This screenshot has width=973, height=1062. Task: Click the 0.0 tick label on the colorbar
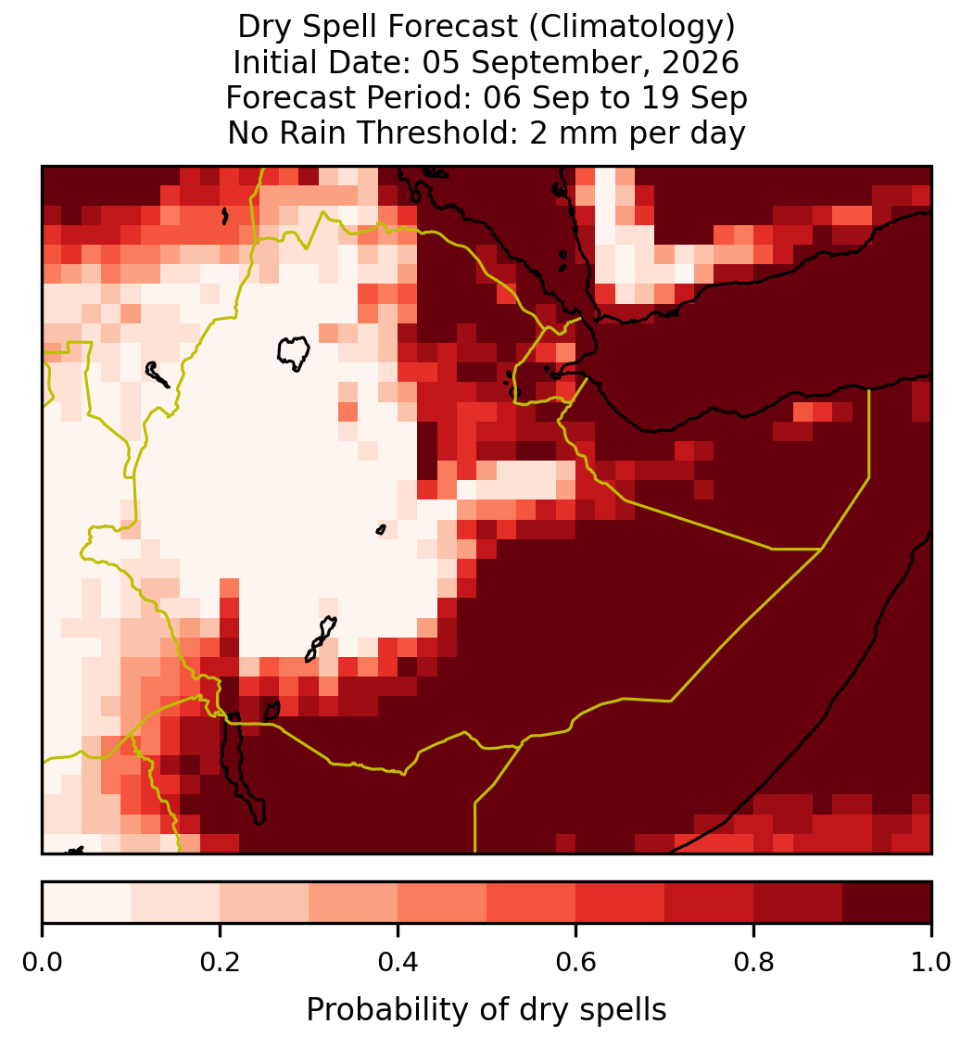(x=42, y=962)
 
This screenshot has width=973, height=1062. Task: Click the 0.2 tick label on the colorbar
(x=220, y=962)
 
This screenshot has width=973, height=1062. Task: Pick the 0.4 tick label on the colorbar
(x=398, y=962)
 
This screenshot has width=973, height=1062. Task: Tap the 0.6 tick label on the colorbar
(x=576, y=962)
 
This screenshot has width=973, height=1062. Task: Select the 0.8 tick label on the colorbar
(x=753, y=962)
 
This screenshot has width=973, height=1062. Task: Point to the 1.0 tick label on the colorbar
(x=931, y=962)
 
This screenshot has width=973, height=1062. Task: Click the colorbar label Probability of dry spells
(x=486, y=1010)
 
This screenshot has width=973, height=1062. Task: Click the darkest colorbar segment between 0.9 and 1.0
(x=887, y=903)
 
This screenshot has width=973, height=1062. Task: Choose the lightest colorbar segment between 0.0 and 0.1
(x=87, y=903)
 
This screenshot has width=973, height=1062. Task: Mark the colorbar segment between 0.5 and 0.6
(x=532, y=903)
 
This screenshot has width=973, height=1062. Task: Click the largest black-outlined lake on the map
(x=293, y=352)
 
